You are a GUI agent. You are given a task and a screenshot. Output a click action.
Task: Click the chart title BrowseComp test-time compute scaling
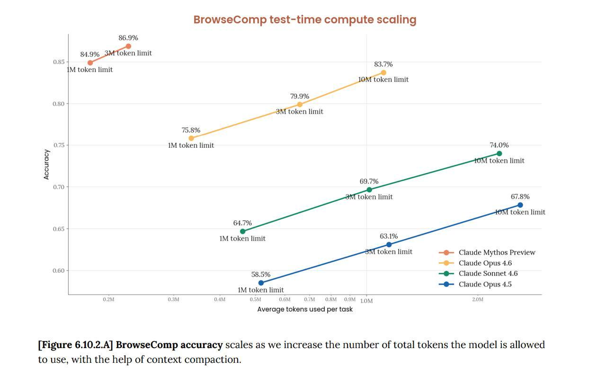tap(305, 20)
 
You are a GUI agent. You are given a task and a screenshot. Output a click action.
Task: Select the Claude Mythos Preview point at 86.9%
tap(128, 46)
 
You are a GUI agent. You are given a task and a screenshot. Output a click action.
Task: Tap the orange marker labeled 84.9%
tap(90, 63)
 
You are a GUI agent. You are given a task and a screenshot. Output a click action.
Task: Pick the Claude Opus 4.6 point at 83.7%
tap(383, 72)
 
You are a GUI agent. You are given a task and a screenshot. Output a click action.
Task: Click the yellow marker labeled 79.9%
tap(300, 105)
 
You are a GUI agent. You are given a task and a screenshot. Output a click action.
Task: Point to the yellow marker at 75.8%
tap(191, 138)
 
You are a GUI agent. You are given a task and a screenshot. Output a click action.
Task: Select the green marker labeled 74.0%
tap(499, 153)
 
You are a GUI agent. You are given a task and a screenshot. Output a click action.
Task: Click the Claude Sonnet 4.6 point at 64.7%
tap(243, 232)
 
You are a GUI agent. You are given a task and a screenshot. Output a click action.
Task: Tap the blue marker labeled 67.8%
tap(520, 205)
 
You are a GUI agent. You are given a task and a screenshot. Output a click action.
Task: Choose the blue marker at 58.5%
tap(261, 283)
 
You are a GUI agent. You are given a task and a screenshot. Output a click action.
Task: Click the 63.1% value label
tap(389, 236)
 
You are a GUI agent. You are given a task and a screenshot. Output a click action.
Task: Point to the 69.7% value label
tap(369, 181)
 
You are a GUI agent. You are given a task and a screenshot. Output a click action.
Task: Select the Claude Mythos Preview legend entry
tap(487, 252)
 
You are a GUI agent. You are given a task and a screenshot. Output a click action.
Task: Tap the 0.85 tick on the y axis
tap(59, 62)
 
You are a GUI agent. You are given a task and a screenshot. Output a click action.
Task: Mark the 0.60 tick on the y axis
tap(59, 271)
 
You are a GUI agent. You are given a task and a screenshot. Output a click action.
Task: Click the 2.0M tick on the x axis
tap(478, 299)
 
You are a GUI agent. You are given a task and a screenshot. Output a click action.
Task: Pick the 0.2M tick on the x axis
tap(108, 299)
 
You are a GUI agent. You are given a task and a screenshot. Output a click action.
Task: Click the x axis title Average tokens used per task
tap(305, 309)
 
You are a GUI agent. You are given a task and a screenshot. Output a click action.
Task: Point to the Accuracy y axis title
tap(46, 164)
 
